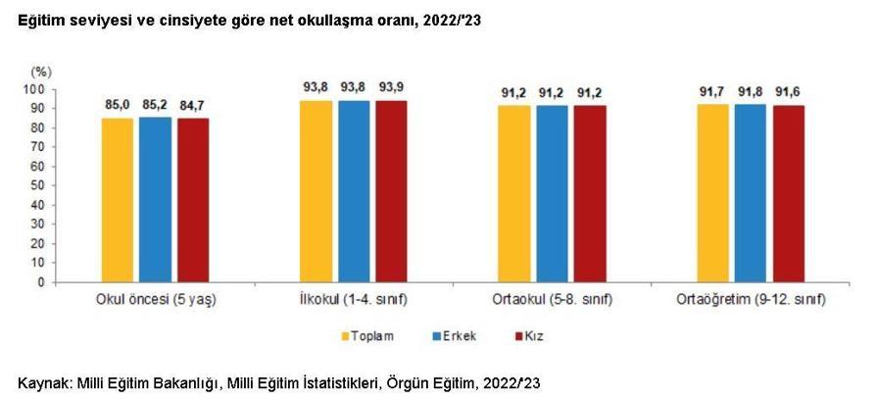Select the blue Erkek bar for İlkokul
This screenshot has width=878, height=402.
click(x=354, y=191)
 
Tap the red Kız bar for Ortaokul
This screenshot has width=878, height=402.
click(x=590, y=193)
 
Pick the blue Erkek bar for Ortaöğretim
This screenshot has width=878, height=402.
click(x=750, y=193)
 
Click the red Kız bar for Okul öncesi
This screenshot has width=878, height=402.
click(x=193, y=199)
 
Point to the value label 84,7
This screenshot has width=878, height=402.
click(x=193, y=104)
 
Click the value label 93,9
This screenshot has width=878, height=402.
click(x=391, y=87)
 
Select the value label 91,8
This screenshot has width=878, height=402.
click(x=750, y=91)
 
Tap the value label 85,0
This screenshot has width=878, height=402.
click(x=117, y=104)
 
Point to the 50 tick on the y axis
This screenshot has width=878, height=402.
click(x=39, y=185)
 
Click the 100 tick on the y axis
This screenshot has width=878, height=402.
click(x=36, y=89)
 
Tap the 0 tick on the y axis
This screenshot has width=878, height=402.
click(x=42, y=281)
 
